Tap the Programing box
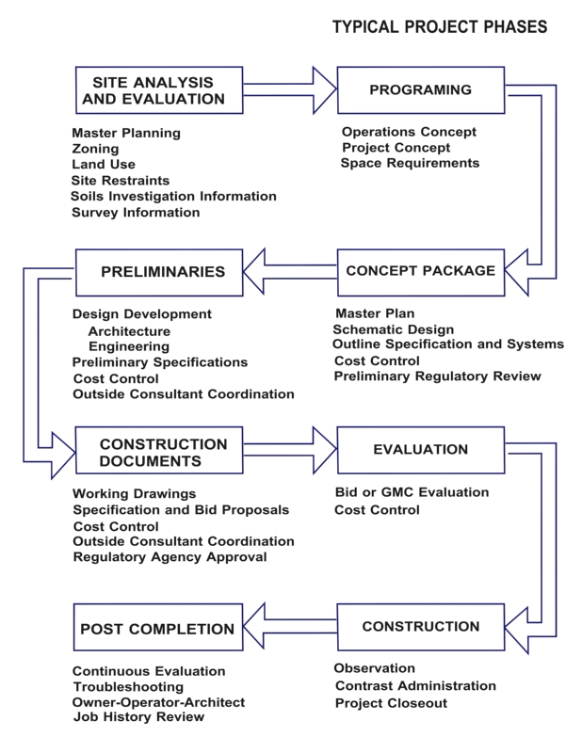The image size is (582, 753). (x=420, y=90)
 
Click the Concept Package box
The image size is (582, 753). (x=420, y=271)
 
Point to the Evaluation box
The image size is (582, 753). (x=420, y=451)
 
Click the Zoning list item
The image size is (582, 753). (x=95, y=149)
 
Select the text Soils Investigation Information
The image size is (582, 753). (x=173, y=196)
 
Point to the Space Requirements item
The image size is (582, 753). (x=410, y=164)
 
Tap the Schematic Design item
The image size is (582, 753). (x=393, y=329)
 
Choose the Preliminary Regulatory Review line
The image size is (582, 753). (x=437, y=376)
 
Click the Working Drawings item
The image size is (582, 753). (x=135, y=493)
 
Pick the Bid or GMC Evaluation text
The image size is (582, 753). (x=412, y=492)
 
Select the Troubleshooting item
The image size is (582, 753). (x=127, y=687)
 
